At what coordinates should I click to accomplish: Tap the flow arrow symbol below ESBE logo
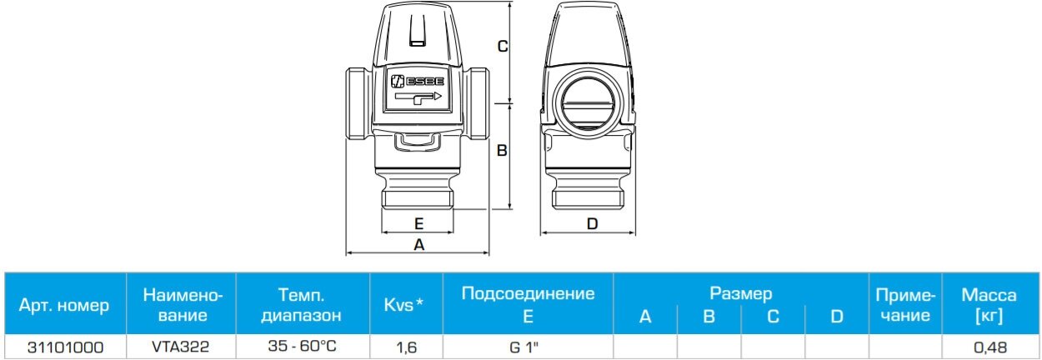[418, 99]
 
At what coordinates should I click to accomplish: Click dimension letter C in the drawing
[503, 47]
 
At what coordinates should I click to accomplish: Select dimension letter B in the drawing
[503, 151]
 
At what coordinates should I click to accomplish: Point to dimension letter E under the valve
[419, 223]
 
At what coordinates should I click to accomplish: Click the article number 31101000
[64, 347]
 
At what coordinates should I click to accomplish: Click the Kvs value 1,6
[405, 347]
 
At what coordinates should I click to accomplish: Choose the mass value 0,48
[989, 347]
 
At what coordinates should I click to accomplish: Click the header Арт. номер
[64, 305]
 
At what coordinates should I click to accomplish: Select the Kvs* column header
[403, 305]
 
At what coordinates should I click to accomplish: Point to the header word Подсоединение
[528, 293]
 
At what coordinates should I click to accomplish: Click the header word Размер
[740, 293]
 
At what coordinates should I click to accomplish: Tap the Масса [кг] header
[989, 305]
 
